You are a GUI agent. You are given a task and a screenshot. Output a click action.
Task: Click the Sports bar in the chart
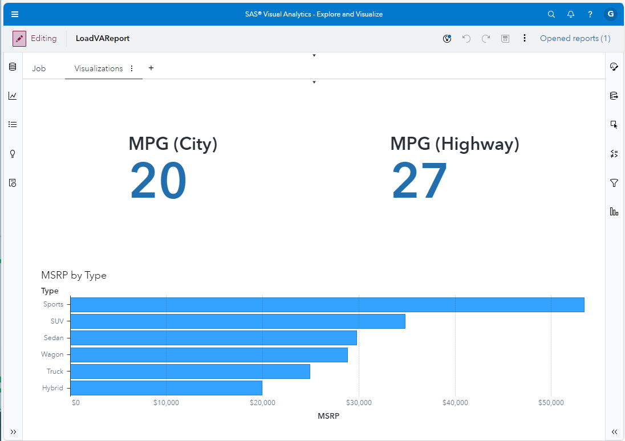(x=327, y=305)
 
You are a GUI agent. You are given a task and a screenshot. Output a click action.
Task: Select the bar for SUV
(x=237, y=321)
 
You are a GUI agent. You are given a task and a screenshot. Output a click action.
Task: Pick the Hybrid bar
(x=166, y=389)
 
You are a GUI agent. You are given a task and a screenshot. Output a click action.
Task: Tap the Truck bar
(x=190, y=371)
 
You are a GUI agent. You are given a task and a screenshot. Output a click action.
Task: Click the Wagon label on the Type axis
(x=52, y=354)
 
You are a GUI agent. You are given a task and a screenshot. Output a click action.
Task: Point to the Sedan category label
(x=54, y=338)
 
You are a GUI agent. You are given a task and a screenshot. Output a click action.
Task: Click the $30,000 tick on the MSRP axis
(x=359, y=403)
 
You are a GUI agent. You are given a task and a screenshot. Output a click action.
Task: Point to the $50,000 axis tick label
(x=551, y=403)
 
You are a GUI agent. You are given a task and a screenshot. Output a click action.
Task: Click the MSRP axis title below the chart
(x=328, y=416)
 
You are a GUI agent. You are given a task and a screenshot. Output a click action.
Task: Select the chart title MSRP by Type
(x=74, y=275)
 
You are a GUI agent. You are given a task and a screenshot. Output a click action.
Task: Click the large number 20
(x=158, y=181)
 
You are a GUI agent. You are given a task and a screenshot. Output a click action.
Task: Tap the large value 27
(x=419, y=181)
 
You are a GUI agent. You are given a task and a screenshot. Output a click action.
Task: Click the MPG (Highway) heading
(x=454, y=144)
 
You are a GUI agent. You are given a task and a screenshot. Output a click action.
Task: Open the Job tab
(x=39, y=68)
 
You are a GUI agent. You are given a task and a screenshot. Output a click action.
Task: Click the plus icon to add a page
(x=151, y=68)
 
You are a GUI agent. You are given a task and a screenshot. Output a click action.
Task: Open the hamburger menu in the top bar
(x=15, y=14)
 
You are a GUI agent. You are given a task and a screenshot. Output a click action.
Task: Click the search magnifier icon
(x=551, y=14)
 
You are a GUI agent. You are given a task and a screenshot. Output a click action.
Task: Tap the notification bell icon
(x=571, y=14)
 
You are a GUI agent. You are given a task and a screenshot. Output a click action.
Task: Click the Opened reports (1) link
(x=575, y=39)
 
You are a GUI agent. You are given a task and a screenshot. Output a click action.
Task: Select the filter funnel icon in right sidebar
(x=614, y=183)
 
